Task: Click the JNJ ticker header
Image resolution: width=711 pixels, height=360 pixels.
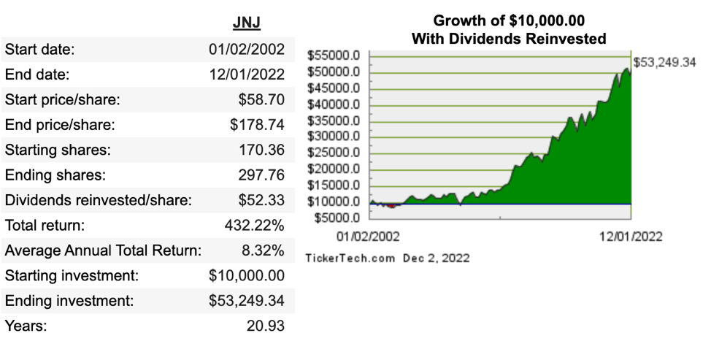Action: pyautogui.click(x=247, y=22)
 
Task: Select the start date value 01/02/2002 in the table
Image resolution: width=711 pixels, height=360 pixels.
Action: pyautogui.click(x=247, y=49)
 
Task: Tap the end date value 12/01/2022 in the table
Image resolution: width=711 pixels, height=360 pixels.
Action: pyautogui.click(x=247, y=74)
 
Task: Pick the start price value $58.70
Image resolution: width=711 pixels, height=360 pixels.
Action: pyautogui.click(x=261, y=99)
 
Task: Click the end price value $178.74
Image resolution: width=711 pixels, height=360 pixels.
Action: pyautogui.click(x=257, y=125)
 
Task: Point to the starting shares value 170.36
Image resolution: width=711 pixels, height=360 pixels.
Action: pyautogui.click(x=261, y=150)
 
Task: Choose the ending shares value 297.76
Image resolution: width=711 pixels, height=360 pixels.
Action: pyautogui.click(x=261, y=175)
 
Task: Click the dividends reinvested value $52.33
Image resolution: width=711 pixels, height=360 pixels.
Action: pyautogui.click(x=261, y=200)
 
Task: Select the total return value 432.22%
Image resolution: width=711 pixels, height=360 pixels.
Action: pyautogui.click(x=254, y=226)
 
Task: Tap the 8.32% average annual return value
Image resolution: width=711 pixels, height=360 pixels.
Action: pyautogui.click(x=263, y=250)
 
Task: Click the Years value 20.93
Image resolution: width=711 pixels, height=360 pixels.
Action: pyautogui.click(x=266, y=326)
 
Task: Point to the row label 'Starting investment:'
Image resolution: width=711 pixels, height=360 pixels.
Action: pyautogui.click(x=72, y=276)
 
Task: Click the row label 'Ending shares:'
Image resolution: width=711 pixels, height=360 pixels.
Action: pyautogui.click(x=55, y=175)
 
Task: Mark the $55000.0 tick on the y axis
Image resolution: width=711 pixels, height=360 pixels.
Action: pyautogui.click(x=334, y=55)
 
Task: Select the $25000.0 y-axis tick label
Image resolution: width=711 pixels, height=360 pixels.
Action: pyautogui.click(x=334, y=153)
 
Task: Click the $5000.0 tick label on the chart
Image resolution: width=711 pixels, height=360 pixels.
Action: pyautogui.click(x=337, y=218)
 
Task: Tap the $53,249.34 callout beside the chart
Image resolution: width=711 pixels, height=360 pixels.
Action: pyautogui.click(x=664, y=63)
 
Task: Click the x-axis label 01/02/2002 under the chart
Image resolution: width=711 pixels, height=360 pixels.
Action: pyautogui.click(x=368, y=237)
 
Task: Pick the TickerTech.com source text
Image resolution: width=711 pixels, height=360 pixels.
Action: pyautogui.click(x=350, y=258)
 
